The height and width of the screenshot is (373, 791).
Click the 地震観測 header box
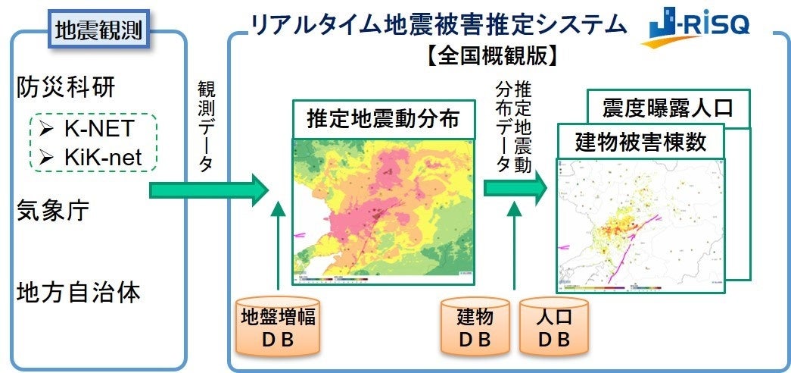98,30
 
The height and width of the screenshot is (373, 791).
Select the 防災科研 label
66,88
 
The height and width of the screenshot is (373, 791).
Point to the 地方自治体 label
78,293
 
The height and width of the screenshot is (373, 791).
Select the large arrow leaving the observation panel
208,190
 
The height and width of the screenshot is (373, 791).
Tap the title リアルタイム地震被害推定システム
439,25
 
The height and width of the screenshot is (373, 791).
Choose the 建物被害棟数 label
640,142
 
